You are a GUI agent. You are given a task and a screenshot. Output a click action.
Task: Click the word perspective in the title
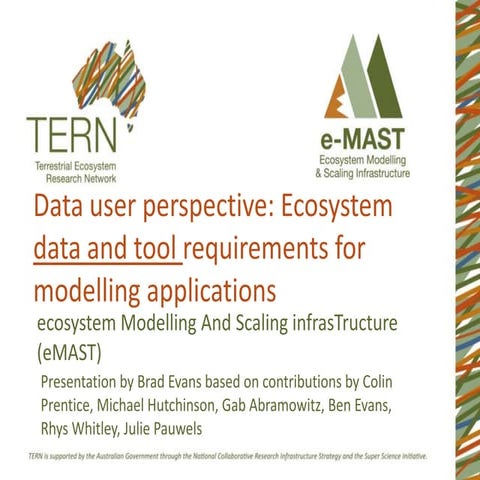200,209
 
